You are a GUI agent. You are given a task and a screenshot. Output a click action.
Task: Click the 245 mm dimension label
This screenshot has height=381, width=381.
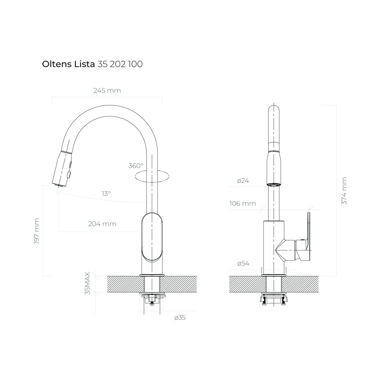coord(107,90)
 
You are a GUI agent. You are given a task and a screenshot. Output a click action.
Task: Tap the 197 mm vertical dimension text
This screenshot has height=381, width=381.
coord(37,231)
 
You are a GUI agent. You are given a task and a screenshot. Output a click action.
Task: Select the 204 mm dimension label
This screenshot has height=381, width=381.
coord(102,224)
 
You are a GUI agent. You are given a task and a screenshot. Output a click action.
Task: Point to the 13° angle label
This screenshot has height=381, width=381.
coord(106,193)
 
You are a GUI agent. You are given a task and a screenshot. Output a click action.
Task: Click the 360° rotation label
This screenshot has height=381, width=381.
coord(136,166)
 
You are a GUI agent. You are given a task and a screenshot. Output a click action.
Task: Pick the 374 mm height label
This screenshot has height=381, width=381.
coord(344,191)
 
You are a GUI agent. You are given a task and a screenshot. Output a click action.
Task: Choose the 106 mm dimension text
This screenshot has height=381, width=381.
coord(243,204)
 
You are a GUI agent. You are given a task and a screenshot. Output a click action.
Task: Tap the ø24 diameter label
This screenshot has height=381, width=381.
coord(243,181)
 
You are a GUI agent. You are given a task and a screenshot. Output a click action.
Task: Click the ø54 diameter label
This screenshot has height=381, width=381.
coord(243,263)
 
